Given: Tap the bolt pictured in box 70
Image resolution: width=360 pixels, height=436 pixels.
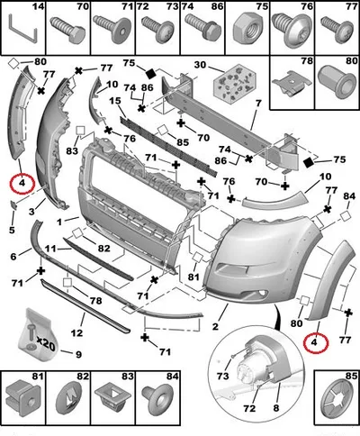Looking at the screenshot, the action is click(67, 30).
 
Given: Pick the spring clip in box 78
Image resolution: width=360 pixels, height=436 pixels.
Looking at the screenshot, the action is click(292, 83).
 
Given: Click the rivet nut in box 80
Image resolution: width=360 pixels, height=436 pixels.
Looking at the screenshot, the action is click(337, 81).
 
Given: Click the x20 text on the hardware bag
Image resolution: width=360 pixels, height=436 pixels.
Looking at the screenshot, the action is click(46, 343).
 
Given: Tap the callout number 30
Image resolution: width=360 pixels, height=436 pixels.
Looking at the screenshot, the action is click(202, 65).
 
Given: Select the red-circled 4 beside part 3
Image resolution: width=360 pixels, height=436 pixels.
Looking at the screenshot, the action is click(22, 183).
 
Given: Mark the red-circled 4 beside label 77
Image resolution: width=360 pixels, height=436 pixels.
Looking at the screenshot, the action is click(315, 342).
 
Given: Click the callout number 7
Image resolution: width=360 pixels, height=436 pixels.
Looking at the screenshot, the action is click(258, 104).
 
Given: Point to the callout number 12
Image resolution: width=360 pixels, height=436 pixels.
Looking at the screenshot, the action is click(76, 332).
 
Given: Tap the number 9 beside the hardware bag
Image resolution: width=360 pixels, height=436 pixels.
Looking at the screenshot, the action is click(78, 354).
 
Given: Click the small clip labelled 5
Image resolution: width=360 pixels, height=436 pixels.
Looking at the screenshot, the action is click(13, 204).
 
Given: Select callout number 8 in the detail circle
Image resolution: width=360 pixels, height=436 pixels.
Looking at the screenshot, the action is click(276, 408).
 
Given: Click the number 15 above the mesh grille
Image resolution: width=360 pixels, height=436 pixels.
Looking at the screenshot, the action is click(115, 101).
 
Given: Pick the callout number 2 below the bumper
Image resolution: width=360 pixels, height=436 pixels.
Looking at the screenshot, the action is click(215, 326).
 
